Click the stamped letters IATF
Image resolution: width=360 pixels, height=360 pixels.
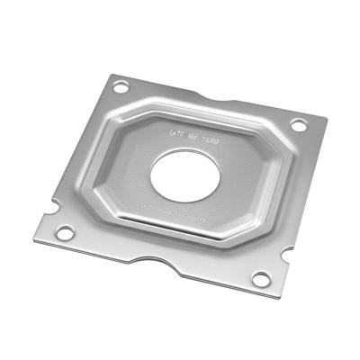point(176,132)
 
